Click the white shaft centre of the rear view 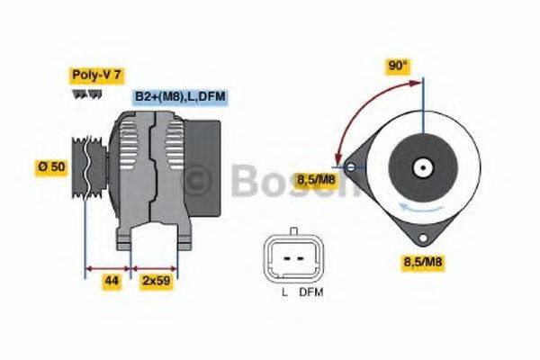pyautogui.click(x=421, y=167)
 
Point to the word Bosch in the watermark pyautogui.click(x=288, y=183)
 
